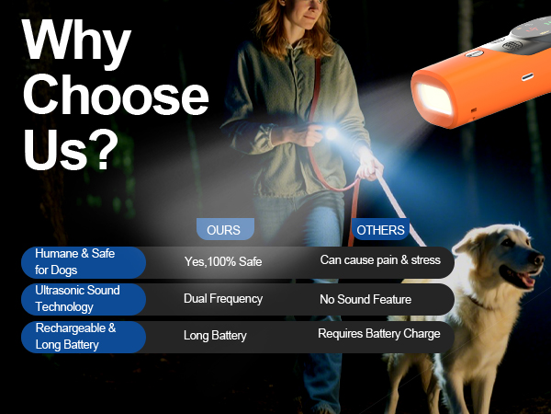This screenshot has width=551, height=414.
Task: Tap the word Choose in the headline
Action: (x=116, y=97)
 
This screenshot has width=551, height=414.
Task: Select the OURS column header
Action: (x=224, y=230)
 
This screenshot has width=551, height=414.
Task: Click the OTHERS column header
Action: (x=380, y=230)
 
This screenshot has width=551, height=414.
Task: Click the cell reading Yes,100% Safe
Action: (x=223, y=262)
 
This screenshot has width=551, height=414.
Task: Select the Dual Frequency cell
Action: (x=223, y=299)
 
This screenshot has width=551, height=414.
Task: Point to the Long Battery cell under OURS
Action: (x=215, y=336)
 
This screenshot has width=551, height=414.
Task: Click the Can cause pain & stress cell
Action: (x=380, y=260)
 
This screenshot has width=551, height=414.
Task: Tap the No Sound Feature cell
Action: (x=365, y=299)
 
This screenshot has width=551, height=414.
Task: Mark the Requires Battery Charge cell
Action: (x=379, y=334)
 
